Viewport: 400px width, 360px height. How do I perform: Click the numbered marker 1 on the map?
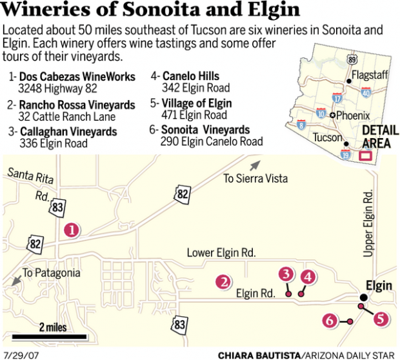[x=72, y=229]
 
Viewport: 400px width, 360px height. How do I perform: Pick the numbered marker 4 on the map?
[x=307, y=277]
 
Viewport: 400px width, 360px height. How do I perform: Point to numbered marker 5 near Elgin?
[x=381, y=318]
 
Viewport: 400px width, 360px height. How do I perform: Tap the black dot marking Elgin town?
[x=363, y=297]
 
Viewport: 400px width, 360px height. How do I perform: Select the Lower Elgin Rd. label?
[x=221, y=252]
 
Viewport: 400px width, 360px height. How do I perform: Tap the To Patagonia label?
[x=51, y=273]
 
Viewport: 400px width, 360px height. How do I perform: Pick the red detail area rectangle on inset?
[x=365, y=155]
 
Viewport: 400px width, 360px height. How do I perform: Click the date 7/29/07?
[x=18, y=354]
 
